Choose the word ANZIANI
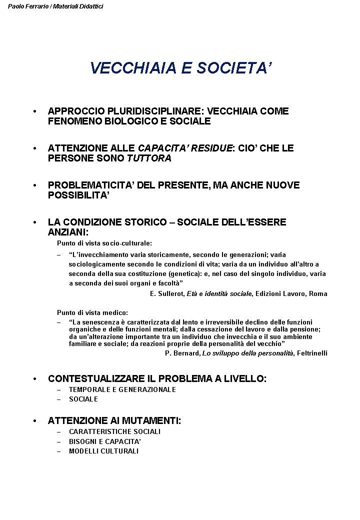(67, 232)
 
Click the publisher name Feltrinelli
(311, 353)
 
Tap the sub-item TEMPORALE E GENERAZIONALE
(122, 389)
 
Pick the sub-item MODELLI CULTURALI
(103, 451)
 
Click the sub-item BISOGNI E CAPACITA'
(105, 441)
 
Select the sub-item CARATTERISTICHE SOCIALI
(114, 431)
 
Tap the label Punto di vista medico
(92, 312)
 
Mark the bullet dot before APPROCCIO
(34, 111)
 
